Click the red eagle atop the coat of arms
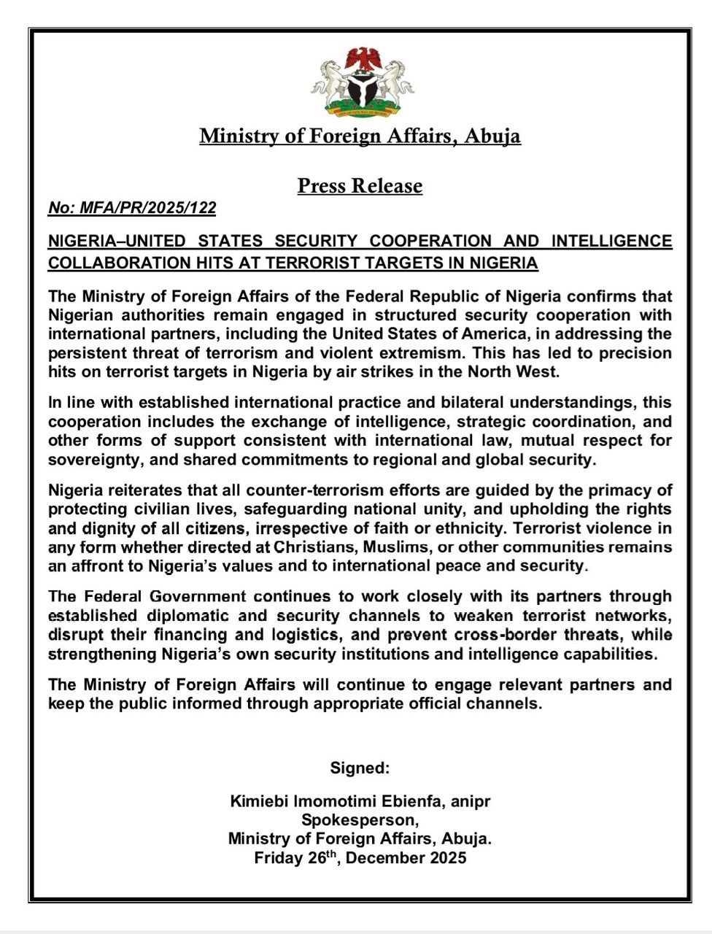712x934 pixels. [361, 58]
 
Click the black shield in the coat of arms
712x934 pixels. [361, 89]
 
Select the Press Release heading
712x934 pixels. [360, 186]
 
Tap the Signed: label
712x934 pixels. [360, 768]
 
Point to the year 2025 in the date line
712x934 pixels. [443, 858]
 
